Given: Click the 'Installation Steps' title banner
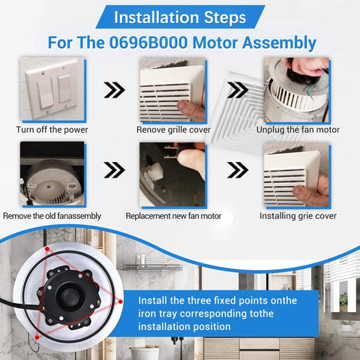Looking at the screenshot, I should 179,15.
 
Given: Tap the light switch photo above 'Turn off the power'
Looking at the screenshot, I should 49,90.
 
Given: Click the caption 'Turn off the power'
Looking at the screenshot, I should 52,130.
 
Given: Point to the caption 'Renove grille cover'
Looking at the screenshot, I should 172,130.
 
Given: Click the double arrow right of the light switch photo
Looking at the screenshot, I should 113,91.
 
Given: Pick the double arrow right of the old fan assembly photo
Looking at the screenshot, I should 113,170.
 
